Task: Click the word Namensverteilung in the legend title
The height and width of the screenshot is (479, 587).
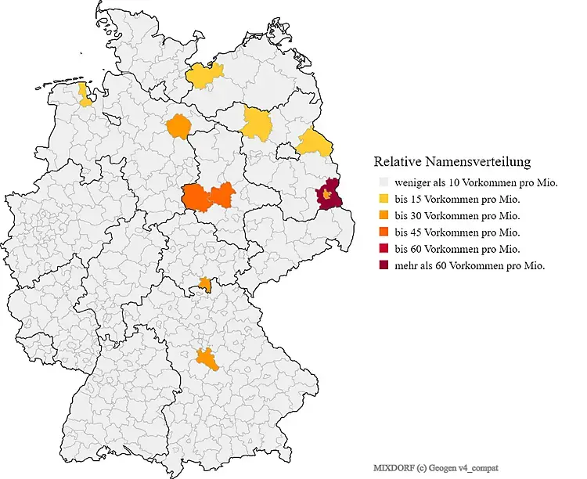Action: coord(484,162)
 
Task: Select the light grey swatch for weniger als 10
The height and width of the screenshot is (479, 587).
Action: coord(382,182)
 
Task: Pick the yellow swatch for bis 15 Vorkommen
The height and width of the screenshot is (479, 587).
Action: coord(382,199)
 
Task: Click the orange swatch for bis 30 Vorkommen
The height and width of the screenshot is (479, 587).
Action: coord(382,215)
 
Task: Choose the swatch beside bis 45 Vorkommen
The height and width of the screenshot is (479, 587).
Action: coord(382,232)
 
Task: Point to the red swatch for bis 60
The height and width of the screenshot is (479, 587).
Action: coord(382,249)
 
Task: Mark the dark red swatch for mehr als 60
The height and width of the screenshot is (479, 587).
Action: coord(382,265)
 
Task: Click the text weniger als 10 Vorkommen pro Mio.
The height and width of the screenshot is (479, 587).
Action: coord(476,182)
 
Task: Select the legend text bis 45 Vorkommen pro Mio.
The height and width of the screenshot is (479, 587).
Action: coord(458,232)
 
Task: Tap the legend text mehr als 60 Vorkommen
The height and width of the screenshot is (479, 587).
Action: coord(470,265)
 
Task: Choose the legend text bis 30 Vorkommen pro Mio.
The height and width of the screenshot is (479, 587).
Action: coord(458,215)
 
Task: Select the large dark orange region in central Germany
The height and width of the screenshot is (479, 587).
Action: coord(209,198)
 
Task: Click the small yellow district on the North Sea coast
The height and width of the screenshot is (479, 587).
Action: coord(84,94)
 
